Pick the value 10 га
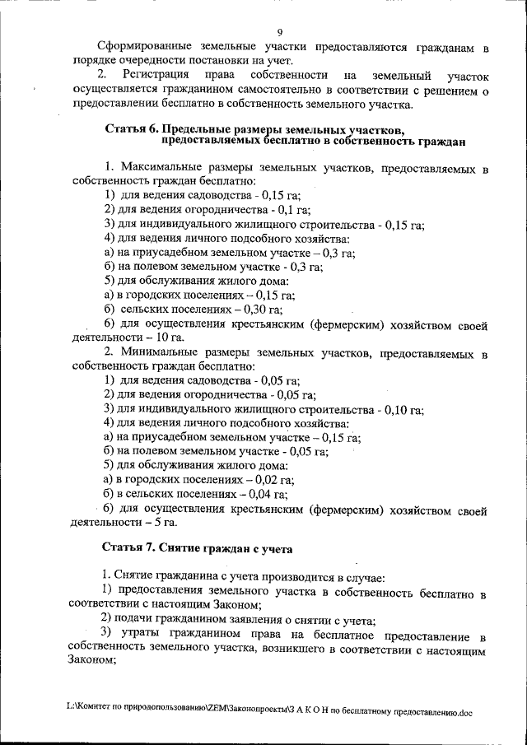point(170,337)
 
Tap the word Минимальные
point(159,352)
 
